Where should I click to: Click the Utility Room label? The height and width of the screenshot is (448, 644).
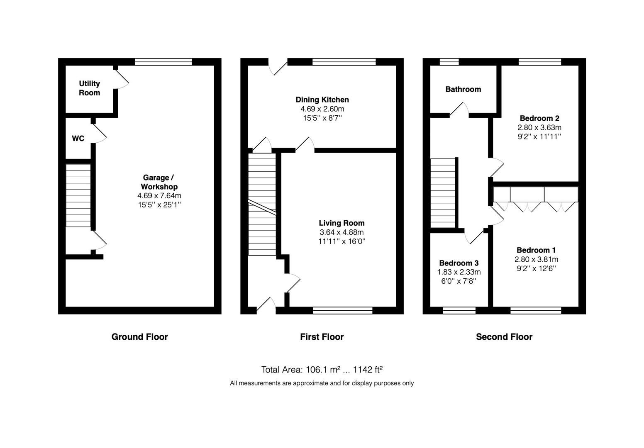click(x=89, y=88)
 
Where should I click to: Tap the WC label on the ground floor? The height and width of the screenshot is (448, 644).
click(x=78, y=139)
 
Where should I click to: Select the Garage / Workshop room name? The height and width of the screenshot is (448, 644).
click(x=159, y=182)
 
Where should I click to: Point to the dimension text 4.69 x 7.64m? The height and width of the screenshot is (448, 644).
click(x=159, y=196)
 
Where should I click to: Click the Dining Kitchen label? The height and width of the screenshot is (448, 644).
click(x=322, y=100)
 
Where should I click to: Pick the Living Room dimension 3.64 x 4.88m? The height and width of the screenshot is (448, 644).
click(x=342, y=232)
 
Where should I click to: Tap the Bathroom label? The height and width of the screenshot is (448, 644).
click(x=463, y=89)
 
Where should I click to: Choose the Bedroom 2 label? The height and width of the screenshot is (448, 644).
click(x=539, y=118)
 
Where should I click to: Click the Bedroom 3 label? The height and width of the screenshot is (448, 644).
click(x=459, y=263)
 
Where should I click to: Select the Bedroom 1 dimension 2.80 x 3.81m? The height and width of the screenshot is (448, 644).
click(x=536, y=260)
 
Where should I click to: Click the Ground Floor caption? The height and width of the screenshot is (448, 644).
click(x=140, y=337)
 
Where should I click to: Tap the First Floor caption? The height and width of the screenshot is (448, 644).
click(x=322, y=337)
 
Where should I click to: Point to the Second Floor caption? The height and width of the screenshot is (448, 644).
click(x=504, y=337)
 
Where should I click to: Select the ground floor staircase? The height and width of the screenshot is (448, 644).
click(x=78, y=195)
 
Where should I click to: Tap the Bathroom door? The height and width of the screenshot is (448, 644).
click(x=459, y=109)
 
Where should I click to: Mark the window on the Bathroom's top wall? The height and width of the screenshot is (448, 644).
click(x=449, y=62)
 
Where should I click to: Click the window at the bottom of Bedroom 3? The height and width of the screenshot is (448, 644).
click(x=459, y=310)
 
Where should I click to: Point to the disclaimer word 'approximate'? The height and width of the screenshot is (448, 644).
click(x=311, y=383)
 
